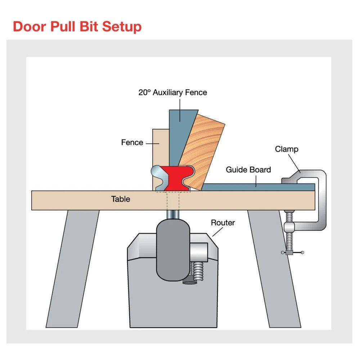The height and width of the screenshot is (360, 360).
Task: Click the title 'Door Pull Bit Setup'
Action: pyautogui.click(x=77, y=27)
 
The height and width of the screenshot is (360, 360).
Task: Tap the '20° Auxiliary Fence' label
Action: pyautogui.click(x=173, y=93)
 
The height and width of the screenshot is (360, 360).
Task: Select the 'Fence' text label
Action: pyautogui.click(x=132, y=143)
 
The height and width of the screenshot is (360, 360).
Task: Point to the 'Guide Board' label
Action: pyautogui.click(x=248, y=170)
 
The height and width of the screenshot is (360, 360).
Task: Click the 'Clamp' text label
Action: pyautogui.click(x=287, y=149)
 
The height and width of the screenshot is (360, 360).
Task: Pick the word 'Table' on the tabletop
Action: pyautogui.click(x=121, y=199)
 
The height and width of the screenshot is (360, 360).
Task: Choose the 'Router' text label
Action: pyautogui.click(x=223, y=223)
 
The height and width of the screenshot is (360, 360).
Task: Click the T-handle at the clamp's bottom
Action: pyautogui.click(x=292, y=253)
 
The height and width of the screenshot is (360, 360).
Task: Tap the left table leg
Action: pyautogui.click(x=74, y=266)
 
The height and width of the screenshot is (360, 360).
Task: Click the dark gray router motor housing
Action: pyautogui.click(x=173, y=248)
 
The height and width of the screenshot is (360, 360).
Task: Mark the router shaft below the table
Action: pyautogui.click(x=173, y=214)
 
